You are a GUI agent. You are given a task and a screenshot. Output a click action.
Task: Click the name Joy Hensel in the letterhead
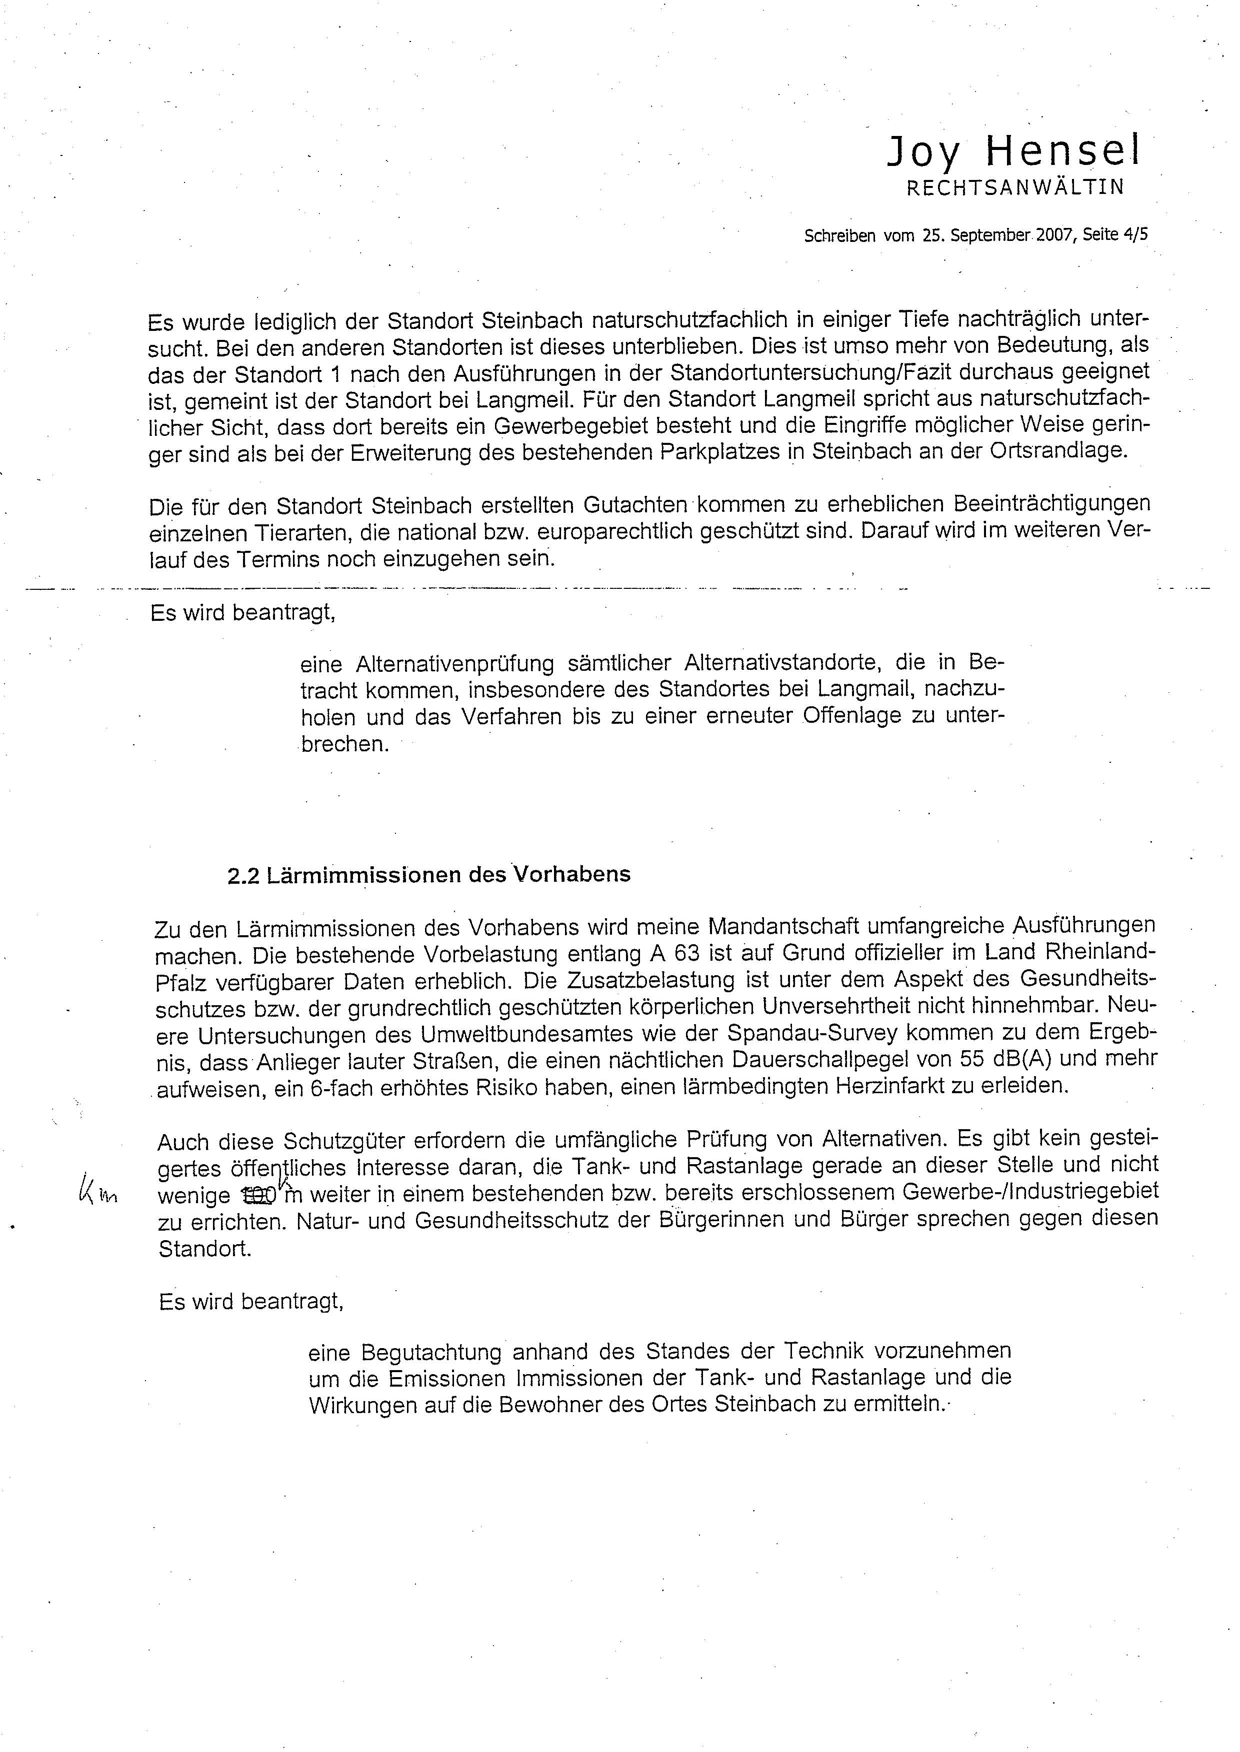tap(1013, 152)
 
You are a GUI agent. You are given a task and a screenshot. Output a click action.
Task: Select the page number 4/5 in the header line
tap(1135, 235)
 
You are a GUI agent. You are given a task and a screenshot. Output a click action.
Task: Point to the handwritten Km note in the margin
tap(97, 1190)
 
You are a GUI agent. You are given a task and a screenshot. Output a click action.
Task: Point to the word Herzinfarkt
tap(911, 1086)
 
